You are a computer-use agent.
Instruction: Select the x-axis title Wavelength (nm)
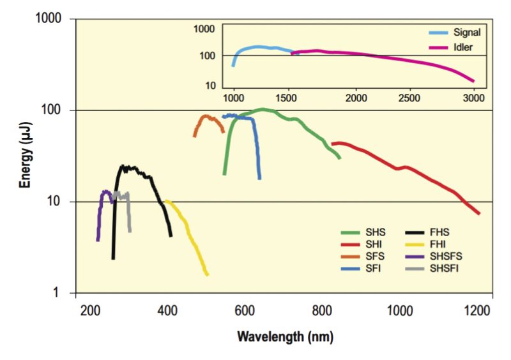pyautogui.click(x=285, y=336)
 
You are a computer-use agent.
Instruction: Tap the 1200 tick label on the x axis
pyautogui.click(x=478, y=311)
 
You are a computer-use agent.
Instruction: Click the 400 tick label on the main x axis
pyautogui.click(x=167, y=311)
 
